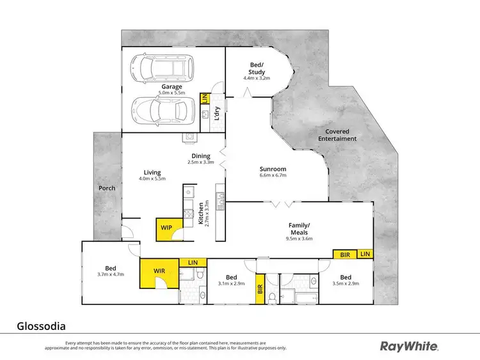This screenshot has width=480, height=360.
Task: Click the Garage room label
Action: pos(172,86)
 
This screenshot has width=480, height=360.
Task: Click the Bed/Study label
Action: pos(257,68)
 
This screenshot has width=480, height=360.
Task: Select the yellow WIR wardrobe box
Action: pos(159,270)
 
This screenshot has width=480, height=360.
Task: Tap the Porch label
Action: pos(106,189)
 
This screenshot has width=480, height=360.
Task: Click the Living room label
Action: pos(152,173)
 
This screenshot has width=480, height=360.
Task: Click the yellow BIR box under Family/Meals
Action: pos(345,254)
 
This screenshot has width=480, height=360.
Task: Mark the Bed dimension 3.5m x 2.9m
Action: pos(346,283)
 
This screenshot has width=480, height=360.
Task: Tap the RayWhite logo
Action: pos(410,346)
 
